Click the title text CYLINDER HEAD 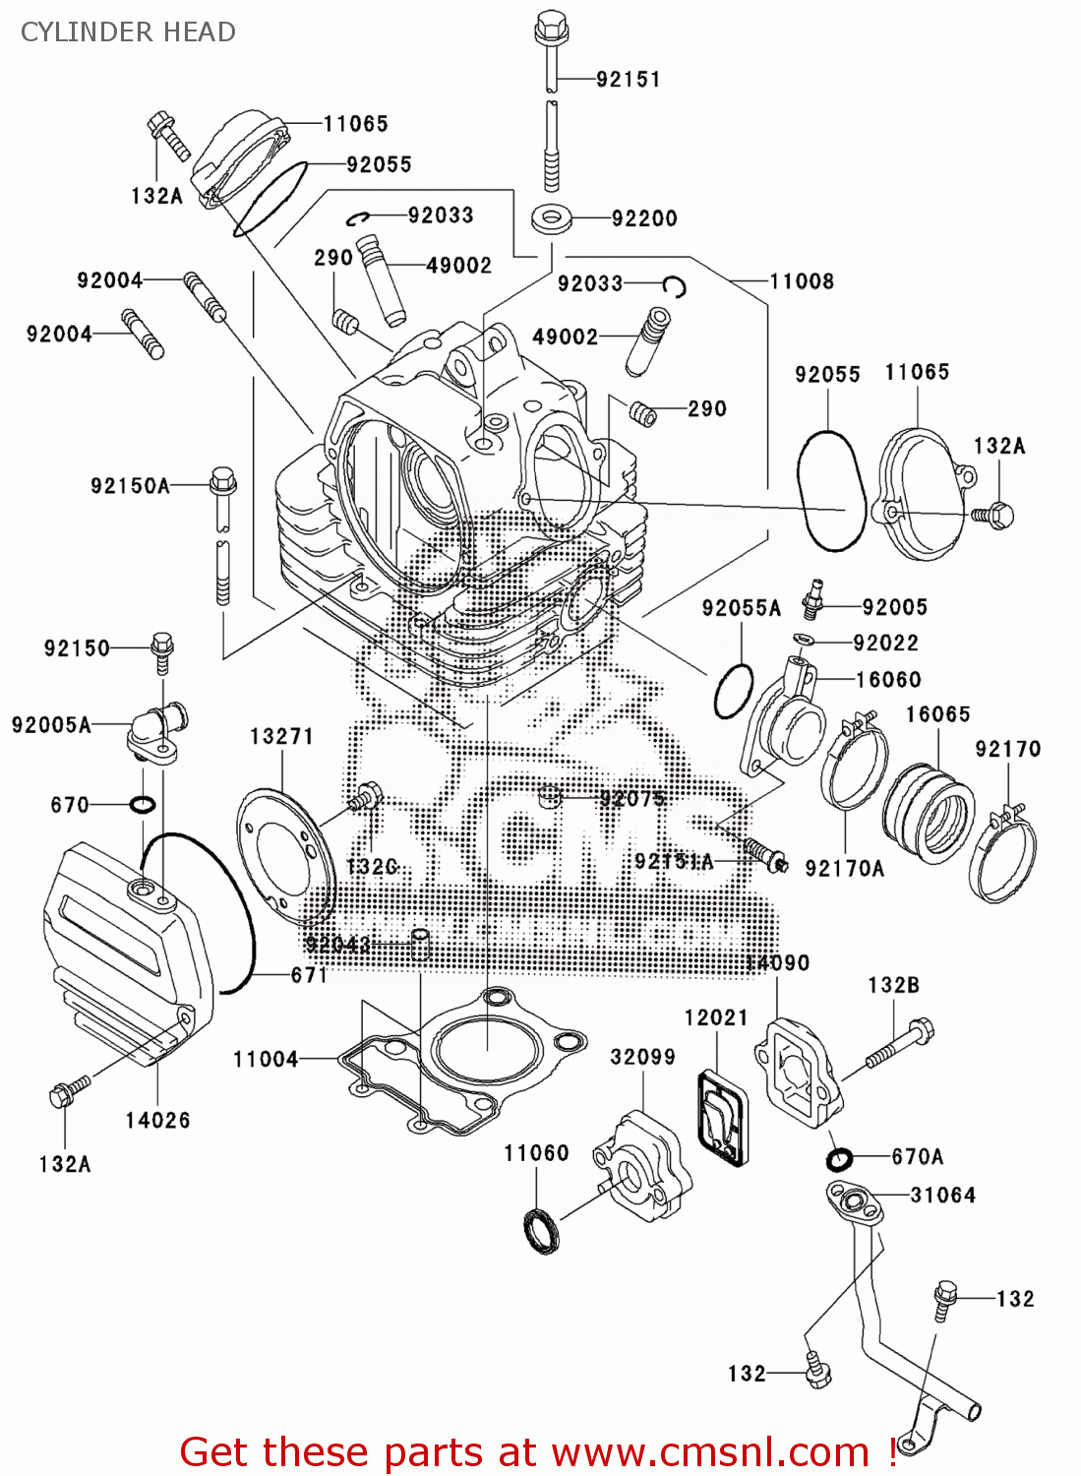[128, 32]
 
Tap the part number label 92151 [628, 79]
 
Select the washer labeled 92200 [553, 218]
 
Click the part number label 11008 [802, 281]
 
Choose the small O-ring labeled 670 [142, 805]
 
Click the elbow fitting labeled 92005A [157, 731]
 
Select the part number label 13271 [281, 736]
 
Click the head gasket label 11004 [266, 1059]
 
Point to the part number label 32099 [642, 1057]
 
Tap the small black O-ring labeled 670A [839, 1159]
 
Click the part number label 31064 [942, 1195]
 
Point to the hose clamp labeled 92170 [1003, 856]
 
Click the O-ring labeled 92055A [733, 692]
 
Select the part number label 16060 [888, 679]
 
